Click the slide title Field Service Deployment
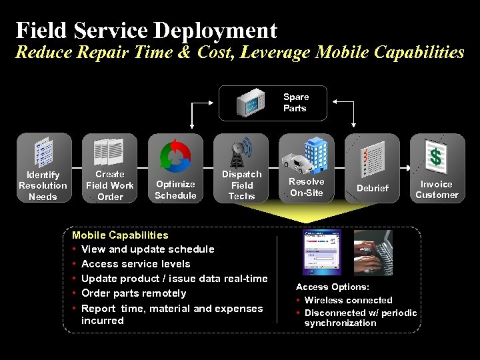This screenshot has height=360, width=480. pyautogui.click(x=146, y=30)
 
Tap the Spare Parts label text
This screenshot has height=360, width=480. pyautogui.click(x=295, y=103)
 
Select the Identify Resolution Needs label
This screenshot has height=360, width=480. pyautogui.click(x=43, y=185)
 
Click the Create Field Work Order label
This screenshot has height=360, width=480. pyautogui.click(x=110, y=185)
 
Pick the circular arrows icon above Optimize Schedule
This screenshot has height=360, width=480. pyautogui.click(x=175, y=155)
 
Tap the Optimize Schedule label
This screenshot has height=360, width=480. pyautogui.click(x=175, y=190)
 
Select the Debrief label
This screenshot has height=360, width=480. pyautogui.click(x=372, y=188)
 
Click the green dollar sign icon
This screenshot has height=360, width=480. pyautogui.click(x=436, y=157)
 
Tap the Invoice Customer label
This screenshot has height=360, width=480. pyautogui.click(x=437, y=189)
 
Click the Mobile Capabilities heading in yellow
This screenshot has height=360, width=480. pyautogui.click(x=120, y=235)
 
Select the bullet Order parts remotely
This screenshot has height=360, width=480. pyautogui.click(x=133, y=293)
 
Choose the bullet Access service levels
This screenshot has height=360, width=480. pyautogui.click(x=135, y=264)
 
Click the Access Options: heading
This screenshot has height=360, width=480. pyautogui.click(x=333, y=287)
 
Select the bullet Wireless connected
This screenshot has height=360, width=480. pyautogui.click(x=348, y=300)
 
